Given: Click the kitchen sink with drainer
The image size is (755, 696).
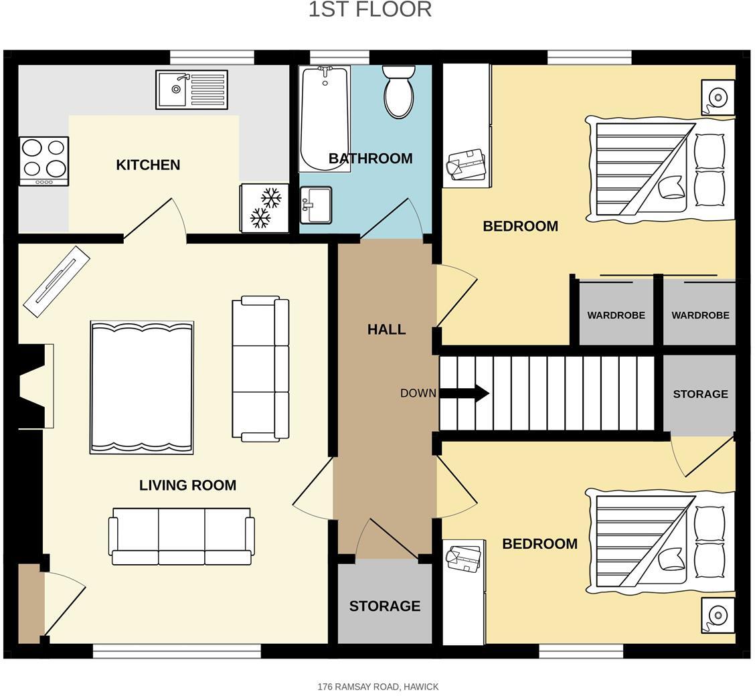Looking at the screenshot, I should pyautogui.click(x=191, y=89).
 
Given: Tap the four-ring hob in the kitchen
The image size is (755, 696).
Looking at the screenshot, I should pyautogui.click(x=44, y=161).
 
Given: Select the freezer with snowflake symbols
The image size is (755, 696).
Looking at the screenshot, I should pyautogui.click(x=264, y=208).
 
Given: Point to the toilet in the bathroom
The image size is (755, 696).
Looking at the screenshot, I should pyautogui.click(x=399, y=92).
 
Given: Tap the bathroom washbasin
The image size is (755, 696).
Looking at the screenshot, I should pyautogui.click(x=316, y=205).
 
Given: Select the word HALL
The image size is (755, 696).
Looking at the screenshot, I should pyautogui.click(x=386, y=329).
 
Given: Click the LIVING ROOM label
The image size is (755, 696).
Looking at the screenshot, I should pyautogui.click(x=187, y=485).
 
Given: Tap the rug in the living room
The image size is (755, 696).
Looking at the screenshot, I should pyautogui.click(x=142, y=387).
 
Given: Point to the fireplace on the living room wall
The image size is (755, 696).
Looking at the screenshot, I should pyautogui.click(x=37, y=386).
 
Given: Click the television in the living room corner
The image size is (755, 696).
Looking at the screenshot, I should pyautogui.click(x=56, y=281).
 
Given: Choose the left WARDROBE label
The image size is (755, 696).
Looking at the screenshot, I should pyautogui.click(x=616, y=315).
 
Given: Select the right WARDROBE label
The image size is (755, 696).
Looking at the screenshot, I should pyautogui.click(x=700, y=315).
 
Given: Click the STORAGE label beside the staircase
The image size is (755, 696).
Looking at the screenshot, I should pyautogui.click(x=700, y=394).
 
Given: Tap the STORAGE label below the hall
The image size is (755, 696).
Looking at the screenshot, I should pyautogui.click(x=385, y=606).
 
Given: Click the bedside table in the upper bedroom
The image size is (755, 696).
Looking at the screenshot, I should pyautogui.click(x=718, y=98).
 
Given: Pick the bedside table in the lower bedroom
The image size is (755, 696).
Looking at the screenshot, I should pyautogui.click(x=718, y=614).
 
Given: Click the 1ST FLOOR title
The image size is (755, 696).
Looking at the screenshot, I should pyautogui.click(x=369, y=10).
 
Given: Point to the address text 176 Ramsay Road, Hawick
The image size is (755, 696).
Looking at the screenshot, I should pyautogui.click(x=378, y=687).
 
